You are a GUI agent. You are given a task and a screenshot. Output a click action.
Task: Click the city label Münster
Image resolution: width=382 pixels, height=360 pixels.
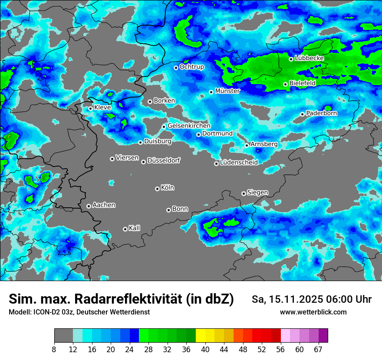[x=227, y=91]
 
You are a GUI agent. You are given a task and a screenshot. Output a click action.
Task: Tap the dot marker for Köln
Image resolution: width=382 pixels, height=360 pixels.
[x=157, y=189]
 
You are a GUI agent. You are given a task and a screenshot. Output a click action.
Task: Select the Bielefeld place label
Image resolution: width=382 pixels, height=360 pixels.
[x=302, y=83]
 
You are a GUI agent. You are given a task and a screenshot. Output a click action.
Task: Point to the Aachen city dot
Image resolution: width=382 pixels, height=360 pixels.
[x=89, y=206]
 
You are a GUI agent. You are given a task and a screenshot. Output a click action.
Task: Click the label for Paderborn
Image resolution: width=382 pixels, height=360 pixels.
[x=321, y=113]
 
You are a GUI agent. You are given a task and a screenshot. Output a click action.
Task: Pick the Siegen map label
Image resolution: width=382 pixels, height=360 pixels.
[x=257, y=193]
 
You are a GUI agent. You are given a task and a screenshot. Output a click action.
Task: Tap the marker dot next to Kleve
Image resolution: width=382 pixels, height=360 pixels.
[x=90, y=108]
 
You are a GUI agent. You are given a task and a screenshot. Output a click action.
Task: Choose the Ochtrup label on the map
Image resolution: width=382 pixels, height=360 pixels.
[x=191, y=67]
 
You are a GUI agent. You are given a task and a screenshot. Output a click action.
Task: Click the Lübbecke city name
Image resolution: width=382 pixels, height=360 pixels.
[x=309, y=58]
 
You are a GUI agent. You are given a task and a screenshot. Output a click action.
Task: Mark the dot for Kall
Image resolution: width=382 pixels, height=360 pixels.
[x=125, y=229]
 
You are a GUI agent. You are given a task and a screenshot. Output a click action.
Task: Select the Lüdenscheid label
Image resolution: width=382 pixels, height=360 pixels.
[x=239, y=163]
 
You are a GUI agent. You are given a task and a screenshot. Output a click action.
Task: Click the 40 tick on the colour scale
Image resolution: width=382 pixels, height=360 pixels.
[x=205, y=350]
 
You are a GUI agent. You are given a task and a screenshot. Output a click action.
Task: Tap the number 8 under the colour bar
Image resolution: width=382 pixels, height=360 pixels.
[x=54, y=350]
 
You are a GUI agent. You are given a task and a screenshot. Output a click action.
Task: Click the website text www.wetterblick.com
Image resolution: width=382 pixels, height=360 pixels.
[x=313, y=312]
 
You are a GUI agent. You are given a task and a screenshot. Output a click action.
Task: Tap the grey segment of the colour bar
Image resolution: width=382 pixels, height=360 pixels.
[x=63, y=336]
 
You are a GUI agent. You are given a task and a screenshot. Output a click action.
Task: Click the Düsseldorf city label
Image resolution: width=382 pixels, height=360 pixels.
[x=163, y=160]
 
